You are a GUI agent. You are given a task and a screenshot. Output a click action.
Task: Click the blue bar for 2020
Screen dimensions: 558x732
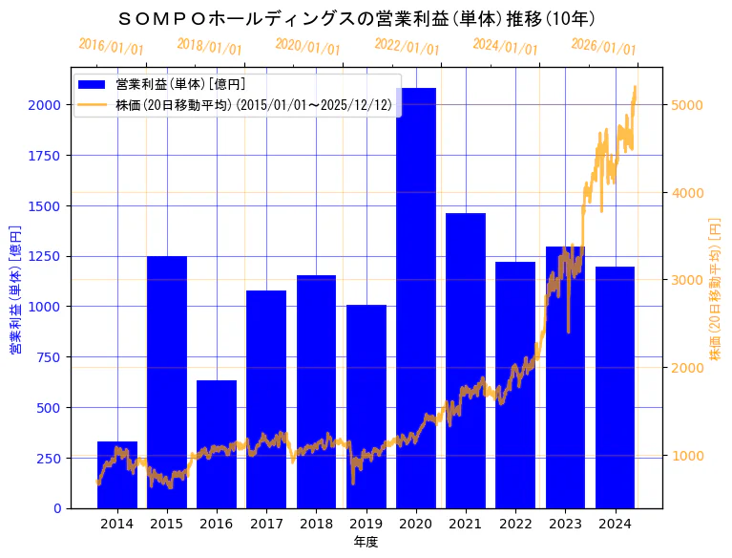pyautogui.click(x=416, y=297)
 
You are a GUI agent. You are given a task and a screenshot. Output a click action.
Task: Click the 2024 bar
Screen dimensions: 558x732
pyautogui.click(x=615, y=387)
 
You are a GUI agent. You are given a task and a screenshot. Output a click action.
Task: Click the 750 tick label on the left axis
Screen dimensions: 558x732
pyautogui.click(x=49, y=357)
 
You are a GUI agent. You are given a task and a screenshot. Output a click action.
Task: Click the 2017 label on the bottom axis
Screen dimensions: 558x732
pyautogui.click(x=266, y=524)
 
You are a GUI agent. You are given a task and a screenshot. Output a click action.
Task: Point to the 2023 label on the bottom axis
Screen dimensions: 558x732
pyautogui.click(x=565, y=524)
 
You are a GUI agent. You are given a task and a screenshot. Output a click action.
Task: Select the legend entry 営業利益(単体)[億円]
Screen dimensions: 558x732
pyautogui.click(x=180, y=85)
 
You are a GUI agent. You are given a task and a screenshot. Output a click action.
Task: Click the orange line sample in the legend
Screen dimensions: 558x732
pyautogui.click(x=94, y=104)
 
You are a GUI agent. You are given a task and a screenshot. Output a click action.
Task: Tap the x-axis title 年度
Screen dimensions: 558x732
pyautogui.click(x=366, y=542)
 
